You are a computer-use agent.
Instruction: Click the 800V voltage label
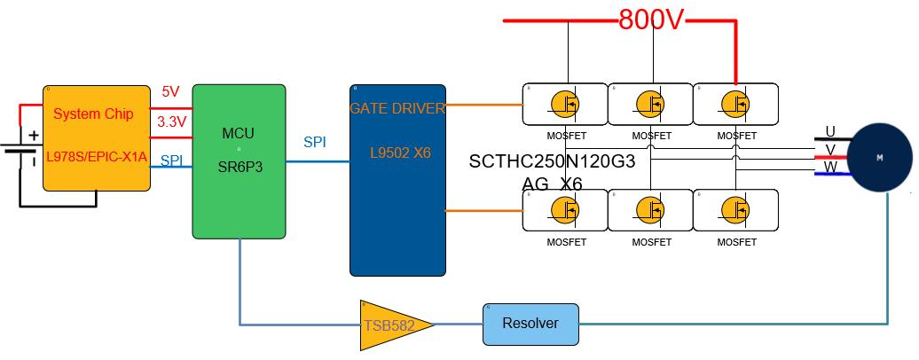pyautogui.click(x=652, y=20)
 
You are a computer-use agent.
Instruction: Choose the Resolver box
pyautogui.click(x=530, y=324)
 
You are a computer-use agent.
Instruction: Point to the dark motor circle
pyautogui.click(x=881, y=158)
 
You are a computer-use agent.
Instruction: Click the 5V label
pyautogui.click(x=170, y=91)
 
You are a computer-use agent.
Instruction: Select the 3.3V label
pyautogui.click(x=171, y=121)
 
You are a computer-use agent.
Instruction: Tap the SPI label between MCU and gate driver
pyautogui.click(x=315, y=142)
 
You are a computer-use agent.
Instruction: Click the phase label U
pyautogui.click(x=830, y=132)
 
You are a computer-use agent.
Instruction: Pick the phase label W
pyautogui.click(x=830, y=167)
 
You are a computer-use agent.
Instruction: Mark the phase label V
pyautogui.click(x=830, y=149)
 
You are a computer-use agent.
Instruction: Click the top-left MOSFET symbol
pyautogui.click(x=564, y=103)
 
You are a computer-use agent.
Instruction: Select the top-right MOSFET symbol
pyautogui.click(x=735, y=103)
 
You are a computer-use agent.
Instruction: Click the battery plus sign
pyautogui.click(x=34, y=136)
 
